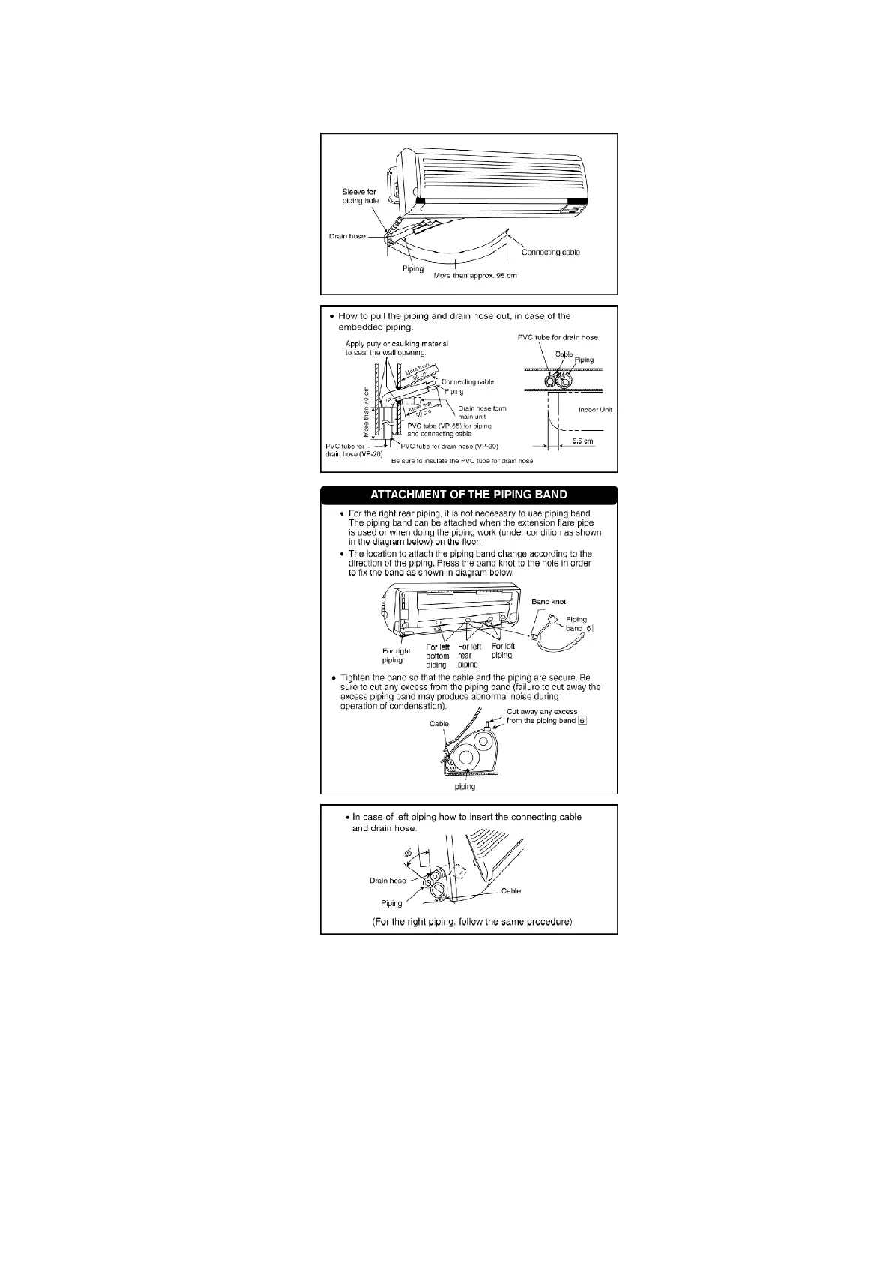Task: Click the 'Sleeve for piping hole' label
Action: [360, 196]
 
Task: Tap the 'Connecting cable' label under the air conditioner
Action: [550, 252]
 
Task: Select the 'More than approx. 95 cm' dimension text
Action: [475, 276]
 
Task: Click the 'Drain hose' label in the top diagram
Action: [347, 236]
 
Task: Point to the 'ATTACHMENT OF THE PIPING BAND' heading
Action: [468, 495]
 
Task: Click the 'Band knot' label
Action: [549, 602]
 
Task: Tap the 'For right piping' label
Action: [396, 656]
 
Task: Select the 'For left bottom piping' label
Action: [437, 656]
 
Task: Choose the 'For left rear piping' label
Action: [469, 656]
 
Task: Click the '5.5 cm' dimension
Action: [582, 441]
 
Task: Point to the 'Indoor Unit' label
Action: [595, 410]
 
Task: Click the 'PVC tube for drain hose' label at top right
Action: [558, 337]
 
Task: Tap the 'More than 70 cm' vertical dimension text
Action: [366, 412]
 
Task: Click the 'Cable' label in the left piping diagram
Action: [510, 891]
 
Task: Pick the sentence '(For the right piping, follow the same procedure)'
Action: [471, 921]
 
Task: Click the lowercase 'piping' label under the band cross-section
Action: [465, 787]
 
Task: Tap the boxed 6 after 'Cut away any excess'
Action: [582, 721]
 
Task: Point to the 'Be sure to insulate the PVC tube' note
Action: [462, 461]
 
